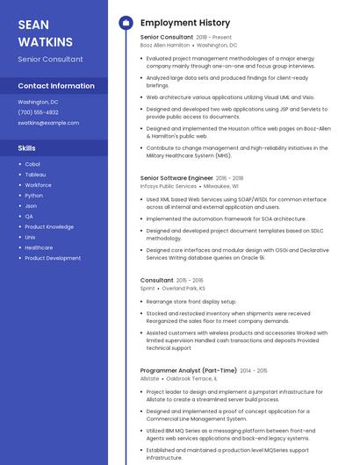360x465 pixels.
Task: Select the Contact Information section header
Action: click(56, 86)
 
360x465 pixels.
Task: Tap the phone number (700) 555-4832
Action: click(38, 112)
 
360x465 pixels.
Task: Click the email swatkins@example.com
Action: click(48, 123)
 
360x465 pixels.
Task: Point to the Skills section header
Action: click(26, 148)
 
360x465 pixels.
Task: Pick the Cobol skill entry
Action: click(32, 164)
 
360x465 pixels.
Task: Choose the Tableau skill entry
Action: click(35, 175)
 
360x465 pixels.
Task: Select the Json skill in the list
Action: click(31, 206)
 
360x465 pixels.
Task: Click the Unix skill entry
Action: click(31, 237)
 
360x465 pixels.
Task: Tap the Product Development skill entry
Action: click(53, 258)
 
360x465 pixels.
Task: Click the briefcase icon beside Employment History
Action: click(125, 23)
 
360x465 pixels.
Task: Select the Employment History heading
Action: click(185, 23)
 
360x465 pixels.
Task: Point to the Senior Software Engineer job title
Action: click(176, 177)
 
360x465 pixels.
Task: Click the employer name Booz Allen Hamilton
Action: click(164, 45)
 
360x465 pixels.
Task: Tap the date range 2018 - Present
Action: click(214, 38)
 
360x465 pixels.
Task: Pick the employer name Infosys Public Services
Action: click(168, 186)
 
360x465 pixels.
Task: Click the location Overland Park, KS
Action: click(184, 288)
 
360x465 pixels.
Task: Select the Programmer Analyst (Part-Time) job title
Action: click(188, 370)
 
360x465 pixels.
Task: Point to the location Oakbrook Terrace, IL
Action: click(191, 379)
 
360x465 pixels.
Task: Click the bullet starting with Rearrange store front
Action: click(191, 302)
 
